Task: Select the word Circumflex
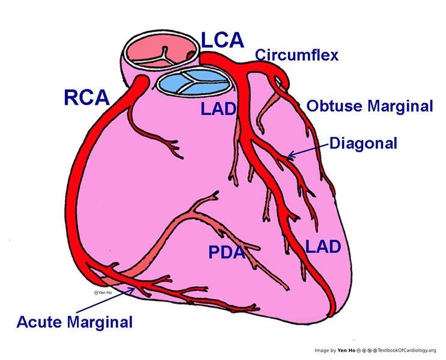[x=296, y=55]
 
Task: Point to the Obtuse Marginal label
[x=370, y=106]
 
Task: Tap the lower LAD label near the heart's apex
[x=323, y=246]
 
